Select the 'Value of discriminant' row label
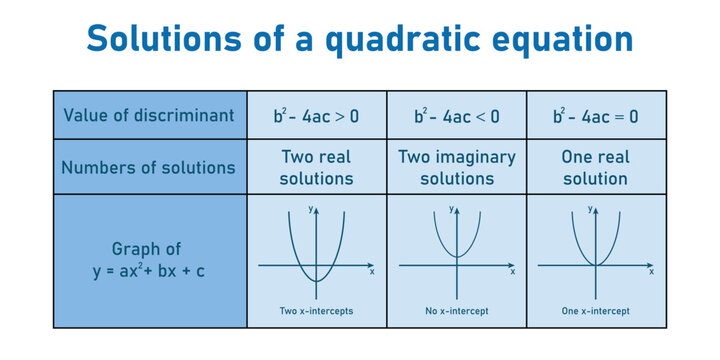pos(149,115)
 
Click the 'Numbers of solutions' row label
pos(149,167)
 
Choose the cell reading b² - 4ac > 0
pos(316,115)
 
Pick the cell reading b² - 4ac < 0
pos(456,115)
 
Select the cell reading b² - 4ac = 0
pos(595,115)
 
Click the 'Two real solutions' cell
pos(316,167)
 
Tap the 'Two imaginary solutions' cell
pos(456,167)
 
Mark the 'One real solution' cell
pos(595,167)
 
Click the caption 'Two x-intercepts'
pos(316,312)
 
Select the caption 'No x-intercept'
pos(456,312)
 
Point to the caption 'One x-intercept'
pos(595,312)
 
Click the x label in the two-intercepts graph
pos(372,272)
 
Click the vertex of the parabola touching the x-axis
pos(595,265)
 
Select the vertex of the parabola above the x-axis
pos(456,256)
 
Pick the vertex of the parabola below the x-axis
pos(316,282)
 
